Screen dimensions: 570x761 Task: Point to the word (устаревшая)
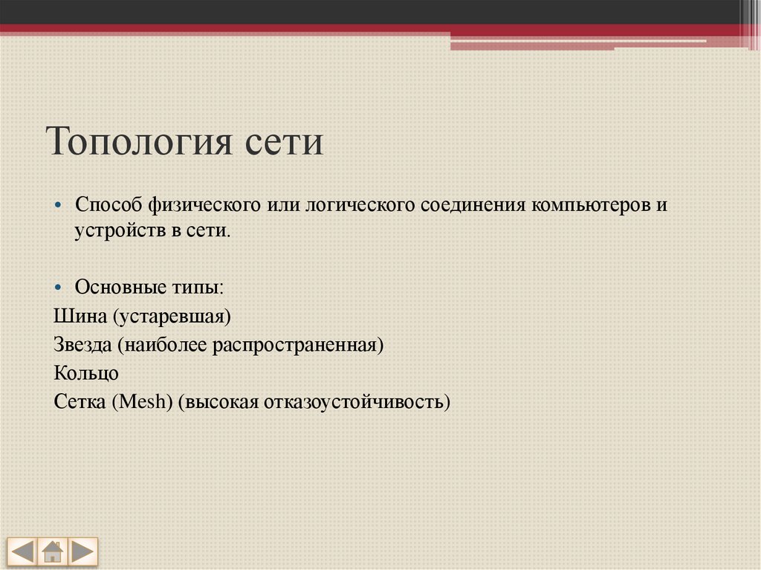172,316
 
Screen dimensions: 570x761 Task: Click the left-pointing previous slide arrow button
23,552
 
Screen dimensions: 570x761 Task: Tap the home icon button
52,552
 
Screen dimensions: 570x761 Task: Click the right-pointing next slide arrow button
82,552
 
